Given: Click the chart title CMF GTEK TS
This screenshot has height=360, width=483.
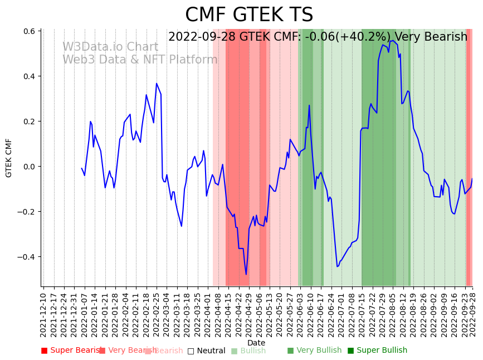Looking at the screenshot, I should click(249, 15).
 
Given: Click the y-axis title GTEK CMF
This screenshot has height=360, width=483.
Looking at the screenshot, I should click(9, 158).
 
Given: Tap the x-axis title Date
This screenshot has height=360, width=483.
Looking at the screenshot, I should click(256, 343).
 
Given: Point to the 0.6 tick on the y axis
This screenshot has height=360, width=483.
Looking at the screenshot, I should click(28, 31).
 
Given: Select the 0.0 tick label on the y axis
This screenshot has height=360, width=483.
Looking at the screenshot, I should click(28, 167).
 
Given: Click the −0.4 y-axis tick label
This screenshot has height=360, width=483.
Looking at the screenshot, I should click(26, 257).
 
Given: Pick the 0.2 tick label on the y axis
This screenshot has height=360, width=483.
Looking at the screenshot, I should click(28, 121).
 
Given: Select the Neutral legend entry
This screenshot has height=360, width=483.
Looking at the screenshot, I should click(206, 351).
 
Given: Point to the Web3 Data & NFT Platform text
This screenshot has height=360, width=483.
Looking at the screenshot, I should click(140, 60).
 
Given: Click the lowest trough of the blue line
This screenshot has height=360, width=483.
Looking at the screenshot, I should click(246, 274).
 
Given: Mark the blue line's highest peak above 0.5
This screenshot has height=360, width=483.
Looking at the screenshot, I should click(393, 41).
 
